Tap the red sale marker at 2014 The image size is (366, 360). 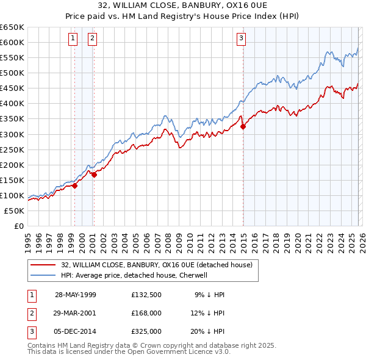click(243, 127)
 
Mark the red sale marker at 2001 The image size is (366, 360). click(95, 175)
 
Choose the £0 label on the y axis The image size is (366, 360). click(18, 226)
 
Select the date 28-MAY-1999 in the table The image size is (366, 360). click(75, 295)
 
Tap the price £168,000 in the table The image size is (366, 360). click(146, 313)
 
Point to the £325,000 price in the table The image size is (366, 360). click(146, 332)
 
